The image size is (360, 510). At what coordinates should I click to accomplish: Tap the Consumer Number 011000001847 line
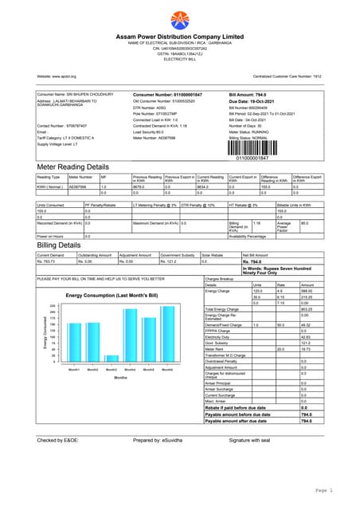(167, 94)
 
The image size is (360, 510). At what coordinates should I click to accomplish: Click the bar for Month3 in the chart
(112, 359)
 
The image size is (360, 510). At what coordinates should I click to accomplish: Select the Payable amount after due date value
(306, 421)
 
